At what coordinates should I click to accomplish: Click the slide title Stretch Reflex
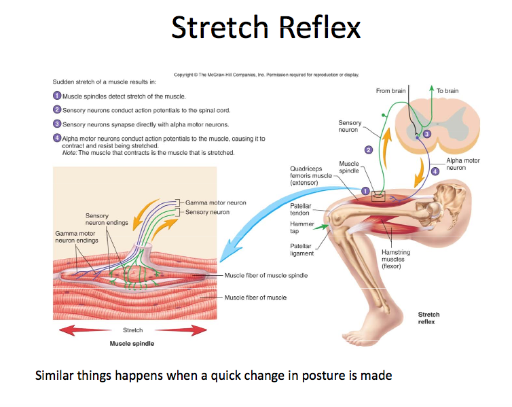coord(266,28)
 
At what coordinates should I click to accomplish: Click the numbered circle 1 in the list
coord(57,96)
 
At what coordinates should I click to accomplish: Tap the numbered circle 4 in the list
coord(57,138)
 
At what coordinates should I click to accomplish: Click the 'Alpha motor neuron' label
coord(462,164)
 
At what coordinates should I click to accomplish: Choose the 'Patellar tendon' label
coord(300,209)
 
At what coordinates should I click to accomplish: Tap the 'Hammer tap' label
coord(300,227)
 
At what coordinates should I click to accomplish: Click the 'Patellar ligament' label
coord(301,249)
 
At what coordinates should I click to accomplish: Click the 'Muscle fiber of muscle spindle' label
coord(266,275)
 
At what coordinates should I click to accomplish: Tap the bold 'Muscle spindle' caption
coord(132,343)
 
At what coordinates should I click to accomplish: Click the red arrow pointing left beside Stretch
coord(76,330)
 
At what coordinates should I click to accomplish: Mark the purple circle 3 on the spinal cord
coord(426,135)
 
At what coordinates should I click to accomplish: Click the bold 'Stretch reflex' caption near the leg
coord(429,318)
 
